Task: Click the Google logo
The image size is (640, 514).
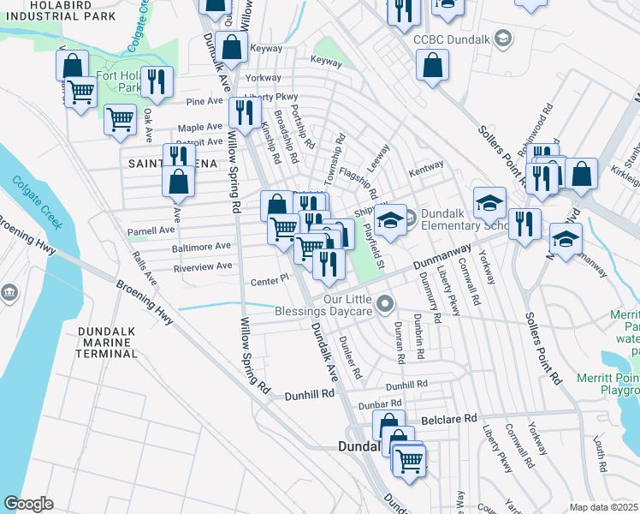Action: point(28,504)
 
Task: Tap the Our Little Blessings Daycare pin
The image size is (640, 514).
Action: point(386,302)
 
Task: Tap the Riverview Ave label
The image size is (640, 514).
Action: point(203,266)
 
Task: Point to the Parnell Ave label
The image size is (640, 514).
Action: point(151,230)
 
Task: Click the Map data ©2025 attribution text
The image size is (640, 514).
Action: point(603,507)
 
